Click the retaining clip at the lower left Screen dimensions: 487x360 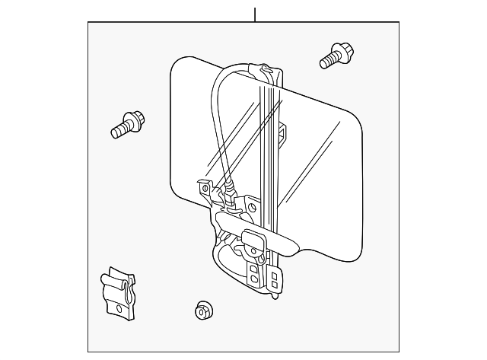pyautogui.click(x=118, y=292)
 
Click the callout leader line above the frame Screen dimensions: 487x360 pyautogui.click(x=255, y=14)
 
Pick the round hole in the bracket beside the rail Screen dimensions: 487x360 pyautogui.click(x=252, y=205)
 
